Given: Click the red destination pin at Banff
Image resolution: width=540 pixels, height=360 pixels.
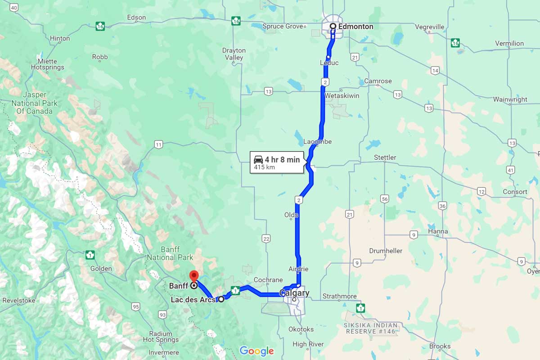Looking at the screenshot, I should click(x=194, y=275).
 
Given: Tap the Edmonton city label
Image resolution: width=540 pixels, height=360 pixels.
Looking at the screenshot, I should click(x=355, y=27).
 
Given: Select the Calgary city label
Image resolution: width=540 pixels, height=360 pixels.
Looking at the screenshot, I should click(x=295, y=293).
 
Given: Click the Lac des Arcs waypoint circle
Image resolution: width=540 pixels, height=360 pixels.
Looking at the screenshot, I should click(x=221, y=299).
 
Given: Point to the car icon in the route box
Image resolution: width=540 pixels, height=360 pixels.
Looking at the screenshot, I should click(x=258, y=159).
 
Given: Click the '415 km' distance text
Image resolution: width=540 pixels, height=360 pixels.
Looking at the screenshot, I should click(x=264, y=167).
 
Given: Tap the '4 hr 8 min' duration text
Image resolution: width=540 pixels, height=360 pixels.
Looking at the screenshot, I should click(x=282, y=159).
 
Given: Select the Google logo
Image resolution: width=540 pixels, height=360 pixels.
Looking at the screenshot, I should click(x=256, y=351).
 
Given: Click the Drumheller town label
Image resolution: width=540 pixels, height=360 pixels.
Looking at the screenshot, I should click(x=386, y=251).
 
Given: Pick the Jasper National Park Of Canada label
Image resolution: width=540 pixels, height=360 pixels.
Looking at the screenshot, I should click(x=35, y=103).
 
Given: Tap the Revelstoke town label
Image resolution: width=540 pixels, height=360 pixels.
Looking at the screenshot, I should click(x=19, y=300).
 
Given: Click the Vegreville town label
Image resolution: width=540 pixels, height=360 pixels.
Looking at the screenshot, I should click(x=429, y=27).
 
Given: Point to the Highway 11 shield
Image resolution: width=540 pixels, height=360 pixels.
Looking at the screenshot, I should click(x=158, y=144).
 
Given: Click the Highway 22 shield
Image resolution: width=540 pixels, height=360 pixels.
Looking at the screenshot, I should click(x=267, y=238).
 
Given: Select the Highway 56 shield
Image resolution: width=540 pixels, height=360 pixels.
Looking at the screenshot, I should click(x=384, y=198).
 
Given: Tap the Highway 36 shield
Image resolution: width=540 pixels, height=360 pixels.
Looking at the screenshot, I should click(x=443, y=206).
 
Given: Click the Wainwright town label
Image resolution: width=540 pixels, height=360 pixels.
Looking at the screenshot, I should click(x=510, y=99).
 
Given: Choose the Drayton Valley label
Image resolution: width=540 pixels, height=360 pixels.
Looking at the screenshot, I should click(x=234, y=54).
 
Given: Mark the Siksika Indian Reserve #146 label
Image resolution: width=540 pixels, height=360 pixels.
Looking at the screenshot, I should click(x=371, y=328).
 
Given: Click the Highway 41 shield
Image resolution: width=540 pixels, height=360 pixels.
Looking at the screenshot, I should click(x=510, y=170).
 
